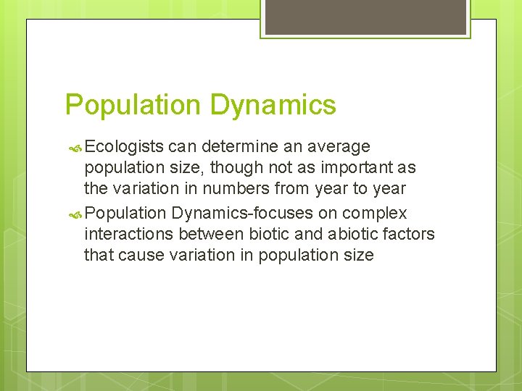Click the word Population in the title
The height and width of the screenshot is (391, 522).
(x=132, y=106)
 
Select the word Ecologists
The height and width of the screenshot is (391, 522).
(x=125, y=147)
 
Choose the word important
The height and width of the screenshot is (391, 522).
(x=352, y=168)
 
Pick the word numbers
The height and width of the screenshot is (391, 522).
(x=238, y=189)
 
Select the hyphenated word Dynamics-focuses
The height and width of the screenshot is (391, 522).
(x=253, y=214)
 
